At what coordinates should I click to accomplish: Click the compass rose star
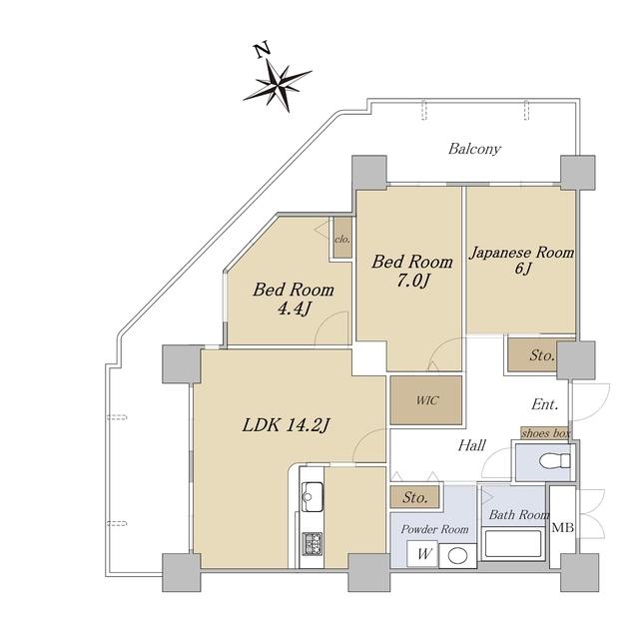(278, 86)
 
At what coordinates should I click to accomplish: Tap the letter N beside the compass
(262, 50)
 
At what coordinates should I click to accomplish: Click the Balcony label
(474, 149)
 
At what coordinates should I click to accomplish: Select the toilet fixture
(554, 460)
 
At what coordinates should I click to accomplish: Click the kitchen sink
(313, 496)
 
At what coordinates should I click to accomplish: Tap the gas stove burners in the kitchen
(312, 544)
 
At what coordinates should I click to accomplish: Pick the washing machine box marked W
(422, 554)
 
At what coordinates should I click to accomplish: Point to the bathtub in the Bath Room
(512, 543)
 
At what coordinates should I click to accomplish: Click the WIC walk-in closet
(426, 400)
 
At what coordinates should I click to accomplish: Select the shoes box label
(546, 433)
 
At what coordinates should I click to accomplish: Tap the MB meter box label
(563, 528)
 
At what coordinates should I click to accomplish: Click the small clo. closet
(342, 238)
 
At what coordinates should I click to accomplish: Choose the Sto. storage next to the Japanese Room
(534, 355)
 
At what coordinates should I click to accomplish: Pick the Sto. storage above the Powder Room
(415, 497)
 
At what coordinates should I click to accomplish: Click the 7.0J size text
(413, 282)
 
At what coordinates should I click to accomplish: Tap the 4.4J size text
(294, 309)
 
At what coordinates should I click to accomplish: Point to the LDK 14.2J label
(286, 426)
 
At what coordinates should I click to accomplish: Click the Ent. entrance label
(545, 404)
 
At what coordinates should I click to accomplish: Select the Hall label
(471, 445)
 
